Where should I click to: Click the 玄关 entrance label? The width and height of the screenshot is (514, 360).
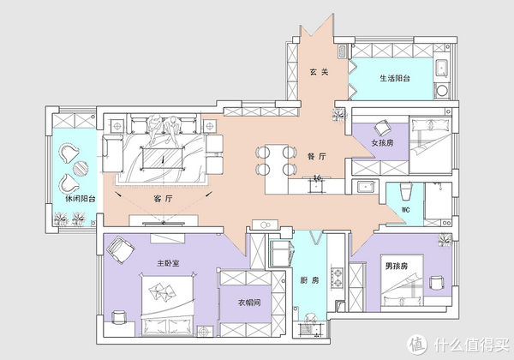(319, 72)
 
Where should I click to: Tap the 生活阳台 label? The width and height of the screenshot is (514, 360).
(395, 78)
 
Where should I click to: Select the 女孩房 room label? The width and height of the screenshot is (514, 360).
(382, 142)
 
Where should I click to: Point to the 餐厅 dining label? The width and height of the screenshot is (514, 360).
(317, 156)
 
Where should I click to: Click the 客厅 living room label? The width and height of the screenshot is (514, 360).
(163, 198)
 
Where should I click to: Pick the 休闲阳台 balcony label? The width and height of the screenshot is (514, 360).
(81, 198)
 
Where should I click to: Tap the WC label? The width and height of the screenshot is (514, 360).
(405, 209)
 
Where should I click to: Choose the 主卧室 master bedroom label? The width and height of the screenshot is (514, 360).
(168, 263)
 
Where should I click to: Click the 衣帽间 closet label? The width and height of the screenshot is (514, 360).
(249, 302)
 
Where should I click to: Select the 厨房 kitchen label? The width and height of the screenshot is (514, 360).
(309, 280)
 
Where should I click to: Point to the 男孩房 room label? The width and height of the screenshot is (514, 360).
(396, 266)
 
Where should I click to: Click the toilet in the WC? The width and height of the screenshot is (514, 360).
(405, 191)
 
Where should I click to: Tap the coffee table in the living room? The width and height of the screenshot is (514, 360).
(163, 159)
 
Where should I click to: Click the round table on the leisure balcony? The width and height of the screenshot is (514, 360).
(81, 169)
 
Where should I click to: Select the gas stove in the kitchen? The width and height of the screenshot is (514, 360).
(337, 278)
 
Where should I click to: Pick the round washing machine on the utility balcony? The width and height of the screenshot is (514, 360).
(442, 90)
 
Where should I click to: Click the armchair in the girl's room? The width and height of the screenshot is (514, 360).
(382, 128)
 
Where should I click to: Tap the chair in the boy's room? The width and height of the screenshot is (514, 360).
(436, 283)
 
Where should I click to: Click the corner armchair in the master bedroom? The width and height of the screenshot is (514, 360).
(120, 250)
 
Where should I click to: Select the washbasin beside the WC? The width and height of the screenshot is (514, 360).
(365, 187)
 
